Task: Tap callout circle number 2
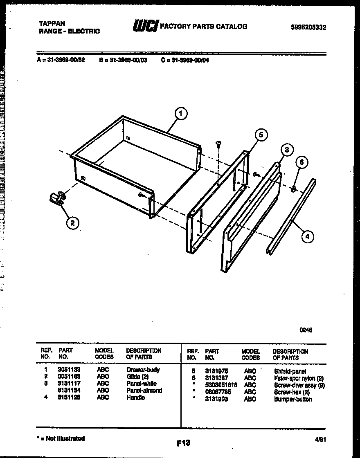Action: click(72, 223)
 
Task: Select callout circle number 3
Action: click(287, 150)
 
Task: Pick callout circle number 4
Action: click(308, 236)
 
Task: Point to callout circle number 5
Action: click(261, 135)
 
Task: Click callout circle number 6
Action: click(301, 163)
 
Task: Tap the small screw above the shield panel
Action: click(219, 144)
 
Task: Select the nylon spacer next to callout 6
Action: click(293, 189)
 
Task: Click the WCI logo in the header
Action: click(145, 26)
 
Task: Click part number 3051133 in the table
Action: click(69, 370)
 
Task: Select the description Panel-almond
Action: click(144, 391)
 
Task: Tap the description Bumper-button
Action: click(293, 399)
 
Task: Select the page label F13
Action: click(183, 442)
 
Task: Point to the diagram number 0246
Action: click(306, 330)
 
